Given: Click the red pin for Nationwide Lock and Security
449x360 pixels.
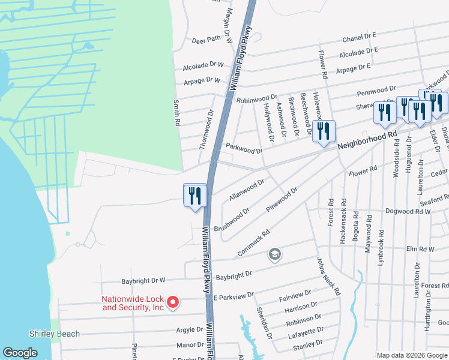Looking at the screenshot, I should (173, 302).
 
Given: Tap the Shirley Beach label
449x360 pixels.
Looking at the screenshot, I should (55, 334).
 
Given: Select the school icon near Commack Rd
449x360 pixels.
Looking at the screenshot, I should (275, 255).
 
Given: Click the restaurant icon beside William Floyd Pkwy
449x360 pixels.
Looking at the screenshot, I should (195, 196).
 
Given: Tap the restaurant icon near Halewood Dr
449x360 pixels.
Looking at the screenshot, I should (324, 132).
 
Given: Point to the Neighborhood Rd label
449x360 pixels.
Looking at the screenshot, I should (367, 142).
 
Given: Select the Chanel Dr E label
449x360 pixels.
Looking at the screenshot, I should (359, 39).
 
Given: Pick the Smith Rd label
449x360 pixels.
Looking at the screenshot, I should (177, 113).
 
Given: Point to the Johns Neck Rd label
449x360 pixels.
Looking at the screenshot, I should (328, 276).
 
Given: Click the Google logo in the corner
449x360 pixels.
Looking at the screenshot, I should (20, 353).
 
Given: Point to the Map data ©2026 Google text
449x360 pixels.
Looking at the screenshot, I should (411, 355).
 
